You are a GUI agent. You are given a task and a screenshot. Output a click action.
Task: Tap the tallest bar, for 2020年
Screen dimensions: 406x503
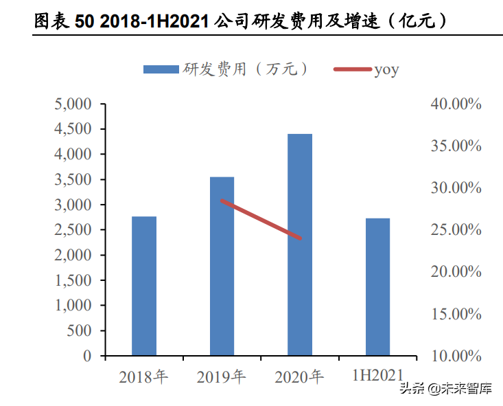pos(300,245)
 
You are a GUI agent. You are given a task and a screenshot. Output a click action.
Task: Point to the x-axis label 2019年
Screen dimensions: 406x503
pos(221,376)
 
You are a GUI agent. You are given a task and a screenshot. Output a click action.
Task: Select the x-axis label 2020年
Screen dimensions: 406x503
pos(299,376)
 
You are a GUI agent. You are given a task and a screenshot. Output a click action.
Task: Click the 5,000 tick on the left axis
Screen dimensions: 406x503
pos(73,104)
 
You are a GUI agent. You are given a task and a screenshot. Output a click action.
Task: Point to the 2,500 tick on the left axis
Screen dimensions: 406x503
pos(73,230)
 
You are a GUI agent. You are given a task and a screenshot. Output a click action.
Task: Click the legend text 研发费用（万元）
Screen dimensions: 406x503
pos(244,69)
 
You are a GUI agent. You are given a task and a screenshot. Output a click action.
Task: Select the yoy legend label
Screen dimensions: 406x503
pos(386,69)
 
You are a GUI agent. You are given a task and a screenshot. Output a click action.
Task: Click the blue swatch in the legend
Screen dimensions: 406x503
pos(161,69)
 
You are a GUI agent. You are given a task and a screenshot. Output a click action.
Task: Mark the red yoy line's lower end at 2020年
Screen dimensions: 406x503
pos(300,238)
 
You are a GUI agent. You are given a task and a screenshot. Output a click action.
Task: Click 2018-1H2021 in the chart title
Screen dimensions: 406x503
pos(153,21)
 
